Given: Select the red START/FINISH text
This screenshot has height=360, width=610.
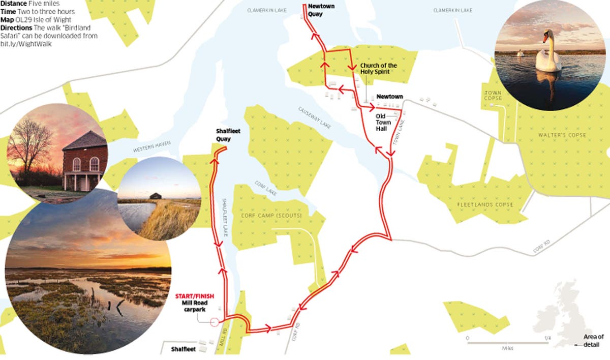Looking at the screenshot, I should (195, 296).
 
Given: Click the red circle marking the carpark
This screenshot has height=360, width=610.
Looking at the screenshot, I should (214, 322).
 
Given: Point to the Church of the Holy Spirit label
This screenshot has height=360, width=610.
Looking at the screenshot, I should (379, 69).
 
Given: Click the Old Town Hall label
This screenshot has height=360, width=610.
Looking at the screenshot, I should (382, 122).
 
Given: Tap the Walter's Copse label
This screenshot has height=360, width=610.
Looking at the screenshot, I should (562, 135).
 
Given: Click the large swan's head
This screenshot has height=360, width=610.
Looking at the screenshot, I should (547, 36).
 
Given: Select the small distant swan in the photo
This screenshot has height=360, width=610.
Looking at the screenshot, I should (520, 53).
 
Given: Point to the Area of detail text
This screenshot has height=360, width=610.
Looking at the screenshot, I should (593, 341).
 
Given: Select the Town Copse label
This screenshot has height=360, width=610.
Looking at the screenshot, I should (493, 95).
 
